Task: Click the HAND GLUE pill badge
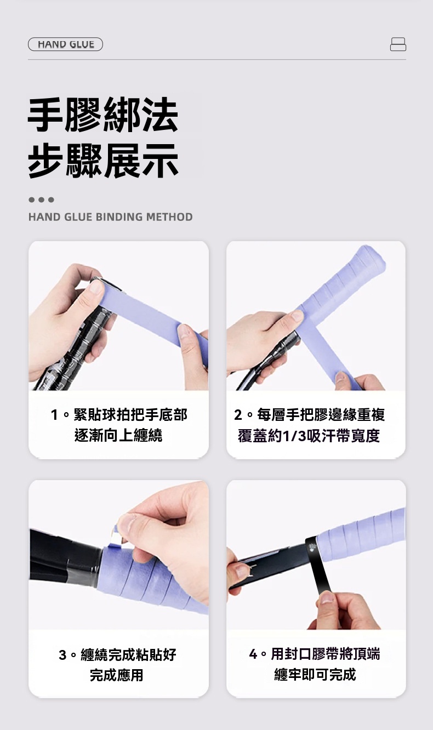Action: coord(65,44)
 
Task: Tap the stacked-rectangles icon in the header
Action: coord(398,44)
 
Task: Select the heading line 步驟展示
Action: coord(103,161)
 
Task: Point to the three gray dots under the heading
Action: coord(41,200)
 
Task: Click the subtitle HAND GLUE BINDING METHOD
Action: coord(111,217)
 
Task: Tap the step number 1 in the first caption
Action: coord(54,415)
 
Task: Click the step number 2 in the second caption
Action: coord(238,415)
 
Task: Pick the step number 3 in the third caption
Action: coord(62,654)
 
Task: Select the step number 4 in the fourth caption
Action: coord(253,654)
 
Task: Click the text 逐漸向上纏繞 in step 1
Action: coord(118,435)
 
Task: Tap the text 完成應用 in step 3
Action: coord(116,675)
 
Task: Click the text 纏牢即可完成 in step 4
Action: coord(315,674)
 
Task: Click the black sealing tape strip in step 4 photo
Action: coord(318,566)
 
